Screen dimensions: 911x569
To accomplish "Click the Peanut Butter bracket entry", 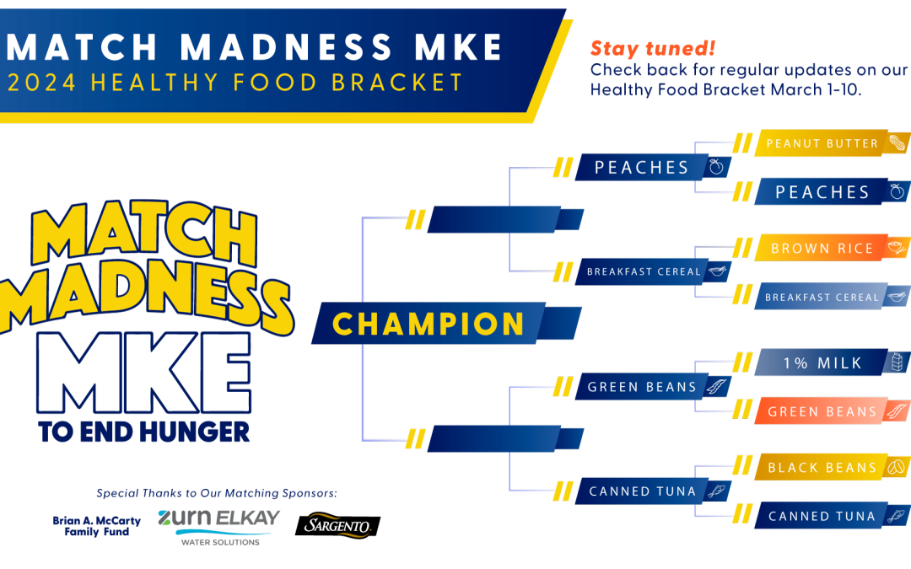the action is click(x=832, y=142).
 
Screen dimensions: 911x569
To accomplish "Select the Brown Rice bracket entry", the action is click(x=832, y=248).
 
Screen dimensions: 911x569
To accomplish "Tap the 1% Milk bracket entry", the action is click(x=832, y=362).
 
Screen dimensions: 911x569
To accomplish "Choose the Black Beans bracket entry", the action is click(x=832, y=467).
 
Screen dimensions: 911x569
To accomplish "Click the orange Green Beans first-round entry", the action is click(x=832, y=411).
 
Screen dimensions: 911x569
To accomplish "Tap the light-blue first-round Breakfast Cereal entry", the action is click(x=832, y=297).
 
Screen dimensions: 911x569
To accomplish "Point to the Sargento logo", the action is click(x=337, y=525).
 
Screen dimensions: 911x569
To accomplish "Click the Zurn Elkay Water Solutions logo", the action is click(x=218, y=527).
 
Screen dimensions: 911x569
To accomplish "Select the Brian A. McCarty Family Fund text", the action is click(x=96, y=526).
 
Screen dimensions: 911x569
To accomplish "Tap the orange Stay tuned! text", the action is click(x=652, y=48).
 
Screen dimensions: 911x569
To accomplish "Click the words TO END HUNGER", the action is click(x=144, y=432).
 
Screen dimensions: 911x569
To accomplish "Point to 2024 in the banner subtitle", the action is click(x=41, y=83).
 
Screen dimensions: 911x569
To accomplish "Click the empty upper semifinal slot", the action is click(x=505, y=219).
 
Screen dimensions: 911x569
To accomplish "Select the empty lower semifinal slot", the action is click(x=505, y=439).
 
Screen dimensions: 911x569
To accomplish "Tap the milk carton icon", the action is click(x=898, y=362).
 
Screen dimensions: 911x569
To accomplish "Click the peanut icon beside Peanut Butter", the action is click(x=897, y=142).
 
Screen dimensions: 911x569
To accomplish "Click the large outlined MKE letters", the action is click(x=144, y=373).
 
